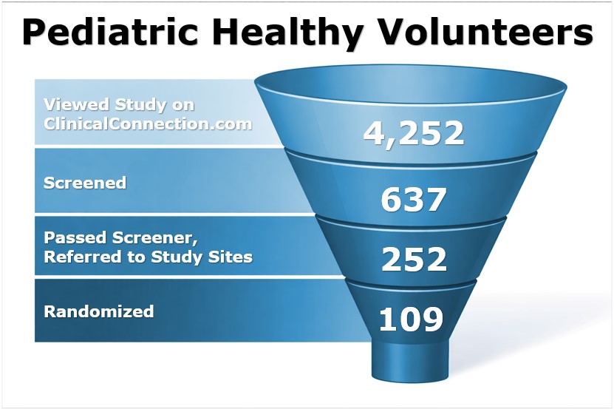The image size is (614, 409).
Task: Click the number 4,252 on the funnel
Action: [x=414, y=133]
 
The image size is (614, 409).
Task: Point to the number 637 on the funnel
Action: [x=414, y=200]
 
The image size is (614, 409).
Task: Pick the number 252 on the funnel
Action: [x=414, y=260]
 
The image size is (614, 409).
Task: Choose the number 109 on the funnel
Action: [x=411, y=320]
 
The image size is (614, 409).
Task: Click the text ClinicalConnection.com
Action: [x=148, y=124]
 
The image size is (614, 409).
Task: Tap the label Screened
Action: [x=85, y=183]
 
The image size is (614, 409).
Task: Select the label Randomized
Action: [x=99, y=311]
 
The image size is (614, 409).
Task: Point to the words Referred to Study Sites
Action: [x=148, y=257]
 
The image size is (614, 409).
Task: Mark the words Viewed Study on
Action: [x=119, y=104]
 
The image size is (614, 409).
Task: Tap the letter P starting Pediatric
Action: [x=36, y=33]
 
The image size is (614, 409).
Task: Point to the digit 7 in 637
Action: [x=436, y=200]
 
